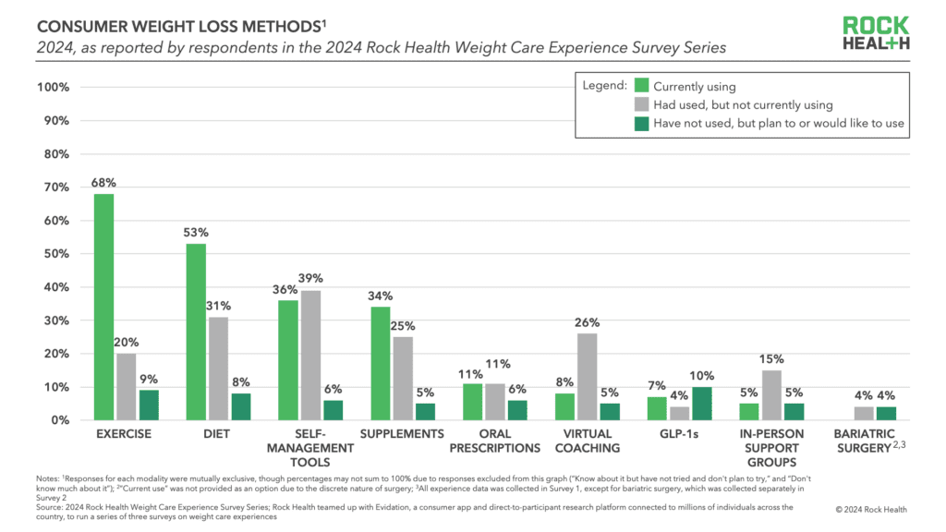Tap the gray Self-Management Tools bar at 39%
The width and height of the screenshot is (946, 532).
(x=310, y=356)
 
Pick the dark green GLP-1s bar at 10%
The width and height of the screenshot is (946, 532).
(x=702, y=404)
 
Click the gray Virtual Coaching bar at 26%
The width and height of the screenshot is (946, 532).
(x=588, y=377)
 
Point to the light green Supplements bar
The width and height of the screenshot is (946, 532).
(x=380, y=363)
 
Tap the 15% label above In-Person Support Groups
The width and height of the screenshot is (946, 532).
(x=771, y=359)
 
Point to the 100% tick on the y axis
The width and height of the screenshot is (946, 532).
(x=52, y=88)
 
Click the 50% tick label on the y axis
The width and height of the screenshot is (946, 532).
(x=55, y=254)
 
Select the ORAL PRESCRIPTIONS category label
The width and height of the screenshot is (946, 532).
(x=495, y=441)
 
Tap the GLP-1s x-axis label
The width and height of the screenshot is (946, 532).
(x=679, y=434)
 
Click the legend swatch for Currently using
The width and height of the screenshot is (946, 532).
(x=641, y=87)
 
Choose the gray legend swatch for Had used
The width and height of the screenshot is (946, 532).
(x=641, y=105)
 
